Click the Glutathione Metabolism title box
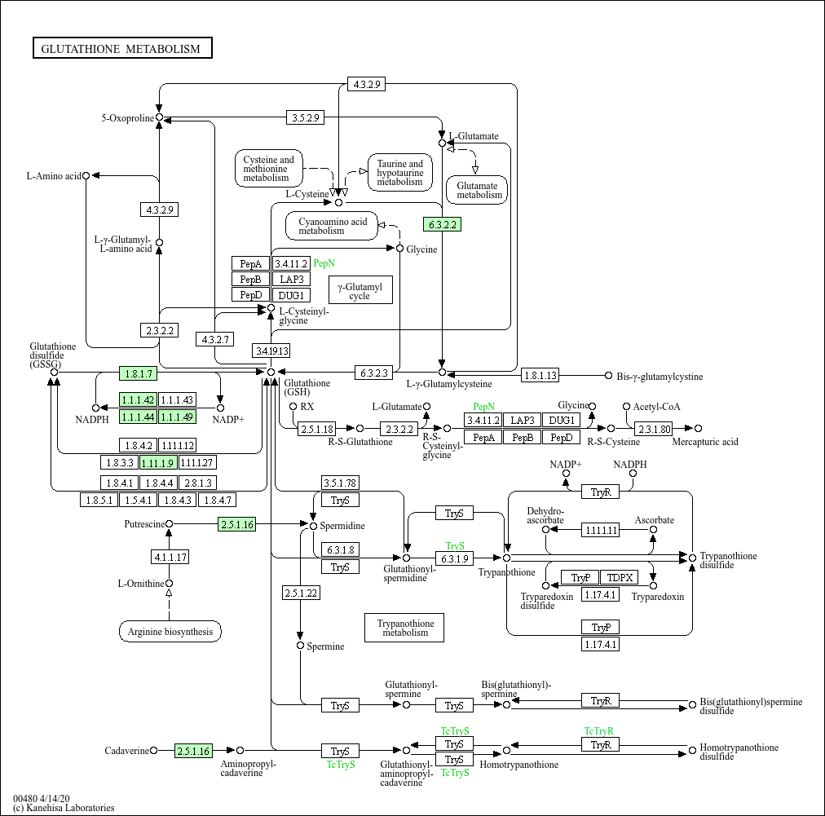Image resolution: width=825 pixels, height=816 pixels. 122,49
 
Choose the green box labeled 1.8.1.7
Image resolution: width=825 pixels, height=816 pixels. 138,373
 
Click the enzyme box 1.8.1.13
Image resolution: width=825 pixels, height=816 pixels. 540,375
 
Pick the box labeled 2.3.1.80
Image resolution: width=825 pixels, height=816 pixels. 654,428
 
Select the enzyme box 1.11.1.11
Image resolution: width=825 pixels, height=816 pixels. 601,530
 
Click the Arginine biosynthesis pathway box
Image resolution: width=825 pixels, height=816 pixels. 170,631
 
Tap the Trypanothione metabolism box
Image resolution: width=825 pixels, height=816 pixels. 404,627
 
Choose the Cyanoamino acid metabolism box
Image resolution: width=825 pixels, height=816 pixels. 332,226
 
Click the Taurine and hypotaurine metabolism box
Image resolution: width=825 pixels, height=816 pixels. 399,173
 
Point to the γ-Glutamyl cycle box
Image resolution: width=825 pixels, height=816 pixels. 360,290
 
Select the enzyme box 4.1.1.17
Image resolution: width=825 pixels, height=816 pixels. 170,558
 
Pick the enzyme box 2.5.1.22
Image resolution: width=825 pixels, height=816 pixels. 301,593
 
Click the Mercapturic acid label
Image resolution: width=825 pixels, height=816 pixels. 704,442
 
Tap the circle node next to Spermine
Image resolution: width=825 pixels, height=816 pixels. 301,646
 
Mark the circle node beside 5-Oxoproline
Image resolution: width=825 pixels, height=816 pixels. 160,117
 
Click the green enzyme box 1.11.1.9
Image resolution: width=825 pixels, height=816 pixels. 158,462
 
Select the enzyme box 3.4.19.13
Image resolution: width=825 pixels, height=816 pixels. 271,351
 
